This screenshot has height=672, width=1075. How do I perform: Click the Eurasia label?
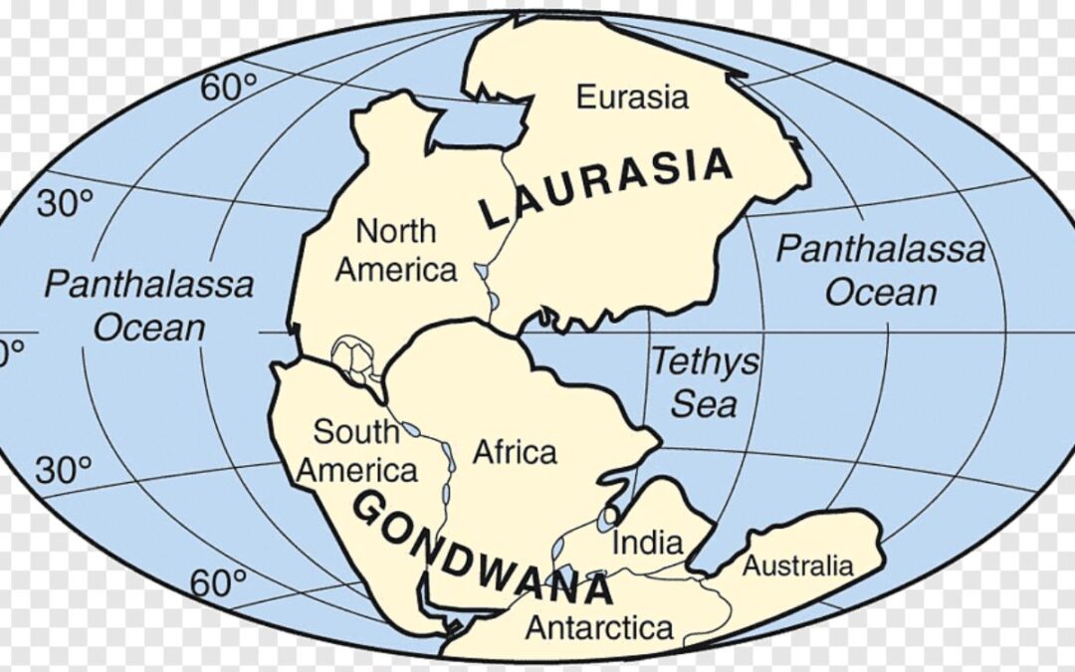click(x=631, y=98)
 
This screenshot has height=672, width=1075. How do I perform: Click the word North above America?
click(x=396, y=231)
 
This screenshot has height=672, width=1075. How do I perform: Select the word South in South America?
click(x=356, y=432)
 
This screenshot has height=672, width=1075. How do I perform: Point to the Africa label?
click(x=514, y=452)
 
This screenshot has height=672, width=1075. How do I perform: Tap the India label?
click(x=647, y=543)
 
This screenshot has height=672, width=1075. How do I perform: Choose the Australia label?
click(x=798, y=565)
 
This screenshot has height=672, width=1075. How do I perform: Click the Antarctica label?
click(x=598, y=628)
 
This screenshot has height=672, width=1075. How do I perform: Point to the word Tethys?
click(x=704, y=362)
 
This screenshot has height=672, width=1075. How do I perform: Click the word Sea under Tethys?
click(x=704, y=403)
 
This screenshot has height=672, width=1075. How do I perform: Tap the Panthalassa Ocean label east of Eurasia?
click(x=881, y=270)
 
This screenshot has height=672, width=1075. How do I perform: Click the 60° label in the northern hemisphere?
click(x=228, y=88)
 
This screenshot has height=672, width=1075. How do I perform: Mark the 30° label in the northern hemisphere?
click(x=64, y=204)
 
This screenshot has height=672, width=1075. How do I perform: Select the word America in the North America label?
click(x=396, y=269)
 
